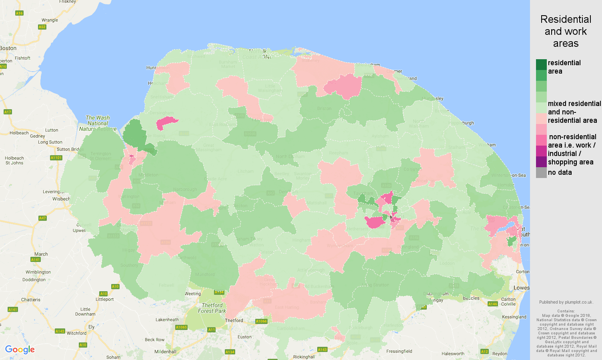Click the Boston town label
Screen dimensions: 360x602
click(8, 48)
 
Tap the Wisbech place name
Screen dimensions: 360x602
click(61, 199)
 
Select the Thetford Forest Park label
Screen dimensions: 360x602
click(212, 308)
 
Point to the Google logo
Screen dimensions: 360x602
click(20, 350)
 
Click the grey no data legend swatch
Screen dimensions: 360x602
click(541, 173)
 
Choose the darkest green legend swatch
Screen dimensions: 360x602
click(541, 64)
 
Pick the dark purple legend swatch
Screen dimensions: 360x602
click(541, 162)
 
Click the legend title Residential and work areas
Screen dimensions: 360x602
click(566, 31)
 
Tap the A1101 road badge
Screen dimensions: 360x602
click(56, 158)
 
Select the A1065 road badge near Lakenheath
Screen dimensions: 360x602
click(181, 327)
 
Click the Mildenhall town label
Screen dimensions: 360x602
click(165, 352)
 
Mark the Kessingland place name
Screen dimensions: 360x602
click(514, 317)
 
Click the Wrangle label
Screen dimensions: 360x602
click(50, 20)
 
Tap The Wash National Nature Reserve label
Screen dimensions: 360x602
click(98, 123)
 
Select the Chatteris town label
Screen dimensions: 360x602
click(31, 300)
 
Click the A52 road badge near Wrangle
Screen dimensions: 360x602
click(42, 27)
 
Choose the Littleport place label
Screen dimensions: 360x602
click(105, 299)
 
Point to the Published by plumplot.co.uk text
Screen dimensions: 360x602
click(566, 302)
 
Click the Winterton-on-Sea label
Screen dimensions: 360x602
click(508, 175)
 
